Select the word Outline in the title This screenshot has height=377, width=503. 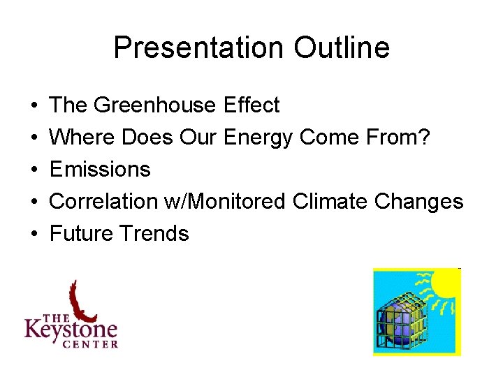342,48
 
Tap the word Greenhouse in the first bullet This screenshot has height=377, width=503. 156,105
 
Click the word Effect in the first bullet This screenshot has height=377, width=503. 251,105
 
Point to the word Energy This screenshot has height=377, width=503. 258,138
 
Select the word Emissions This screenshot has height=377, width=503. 100,170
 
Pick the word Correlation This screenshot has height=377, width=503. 102,202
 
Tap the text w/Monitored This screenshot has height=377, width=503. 224,202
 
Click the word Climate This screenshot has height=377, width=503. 330,202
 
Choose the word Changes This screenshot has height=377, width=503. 418,202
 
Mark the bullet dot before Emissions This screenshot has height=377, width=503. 34,170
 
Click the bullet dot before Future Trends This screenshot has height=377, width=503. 34,233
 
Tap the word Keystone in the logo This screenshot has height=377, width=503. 71,327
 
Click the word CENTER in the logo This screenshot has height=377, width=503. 89,343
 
